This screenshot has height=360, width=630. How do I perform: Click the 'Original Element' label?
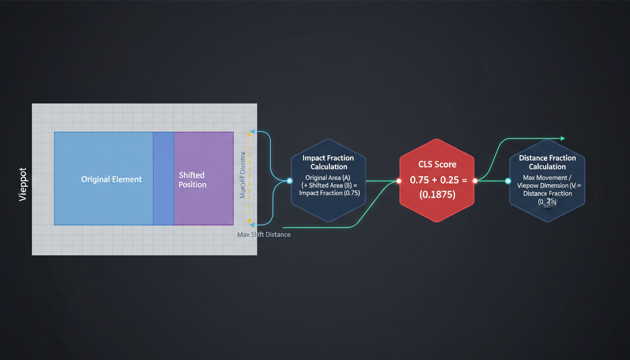[112, 180]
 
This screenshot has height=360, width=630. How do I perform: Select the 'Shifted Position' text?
[192, 180]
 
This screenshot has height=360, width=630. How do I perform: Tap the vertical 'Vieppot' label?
[23, 184]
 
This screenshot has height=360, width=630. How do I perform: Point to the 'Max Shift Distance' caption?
[264, 234]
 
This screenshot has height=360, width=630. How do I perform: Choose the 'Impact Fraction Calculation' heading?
[328, 162]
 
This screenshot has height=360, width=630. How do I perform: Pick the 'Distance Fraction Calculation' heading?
[547, 162]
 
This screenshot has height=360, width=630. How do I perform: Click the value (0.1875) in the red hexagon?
[436, 195]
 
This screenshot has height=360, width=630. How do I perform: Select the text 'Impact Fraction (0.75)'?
[330, 193]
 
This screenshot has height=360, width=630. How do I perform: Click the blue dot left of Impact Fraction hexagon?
[290, 180]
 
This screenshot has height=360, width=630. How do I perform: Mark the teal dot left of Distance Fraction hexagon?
[508, 181]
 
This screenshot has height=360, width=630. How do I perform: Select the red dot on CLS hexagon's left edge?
[399, 180]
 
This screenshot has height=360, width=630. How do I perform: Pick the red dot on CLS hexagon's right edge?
[475, 180]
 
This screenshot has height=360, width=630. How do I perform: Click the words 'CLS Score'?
[436, 165]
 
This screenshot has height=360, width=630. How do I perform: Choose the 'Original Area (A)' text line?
[328, 178]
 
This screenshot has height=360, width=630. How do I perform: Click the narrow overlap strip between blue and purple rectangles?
[164, 179]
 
